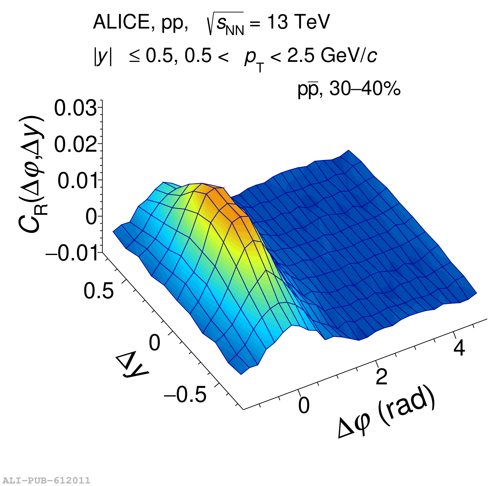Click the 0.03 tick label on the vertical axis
(76, 108)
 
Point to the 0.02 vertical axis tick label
(76, 144)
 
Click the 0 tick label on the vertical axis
(91, 217)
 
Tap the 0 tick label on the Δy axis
(154, 343)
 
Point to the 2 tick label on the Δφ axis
(381, 377)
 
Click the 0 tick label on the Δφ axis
(304, 405)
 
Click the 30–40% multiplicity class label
(365, 89)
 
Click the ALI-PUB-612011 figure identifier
(46, 480)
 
